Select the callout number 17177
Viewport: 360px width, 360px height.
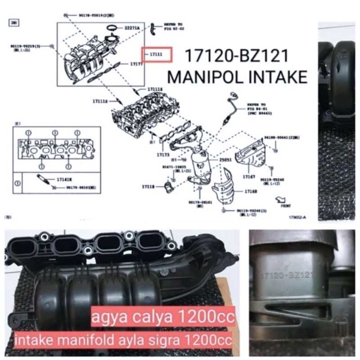coord(136,65)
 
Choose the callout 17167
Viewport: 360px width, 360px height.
coord(249,177)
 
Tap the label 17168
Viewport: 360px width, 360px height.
coord(251,192)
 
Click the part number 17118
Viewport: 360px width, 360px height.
coord(148,185)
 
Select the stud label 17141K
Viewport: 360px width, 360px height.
coord(63,179)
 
